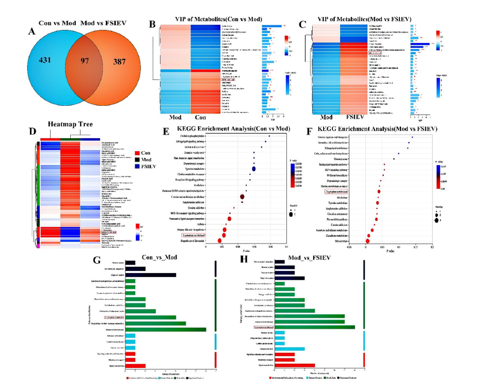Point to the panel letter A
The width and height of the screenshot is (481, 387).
tap(32, 31)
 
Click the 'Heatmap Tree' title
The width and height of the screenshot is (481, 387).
tap(70, 124)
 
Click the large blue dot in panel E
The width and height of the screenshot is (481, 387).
tap(254, 169)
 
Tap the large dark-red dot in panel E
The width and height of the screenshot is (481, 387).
tap(242, 197)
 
